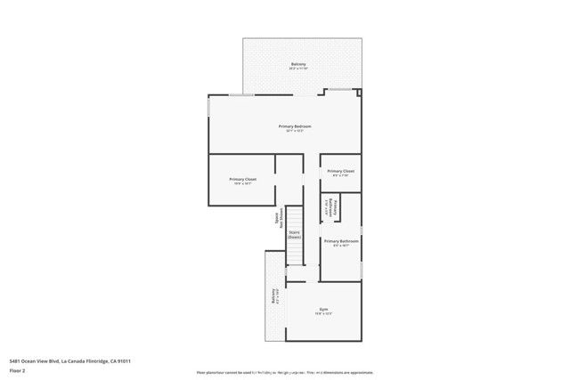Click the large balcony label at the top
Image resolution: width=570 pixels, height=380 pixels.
[x=299, y=65]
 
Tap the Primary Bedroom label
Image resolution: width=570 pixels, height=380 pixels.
[x=296, y=126]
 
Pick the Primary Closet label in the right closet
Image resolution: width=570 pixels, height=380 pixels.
[x=340, y=171]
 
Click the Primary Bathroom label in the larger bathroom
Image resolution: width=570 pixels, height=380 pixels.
[x=341, y=241]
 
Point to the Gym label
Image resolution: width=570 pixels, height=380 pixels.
[x=324, y=309]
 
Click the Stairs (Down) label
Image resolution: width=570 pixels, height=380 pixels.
[x=294, y=235]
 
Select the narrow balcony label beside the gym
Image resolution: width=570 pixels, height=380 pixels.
[x=274, y=296]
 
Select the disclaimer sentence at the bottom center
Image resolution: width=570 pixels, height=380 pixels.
[x=285, y=373]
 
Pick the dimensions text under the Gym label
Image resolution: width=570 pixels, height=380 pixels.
[x=324, y=314]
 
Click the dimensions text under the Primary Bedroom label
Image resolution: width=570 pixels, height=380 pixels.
[x=296, y=132]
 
